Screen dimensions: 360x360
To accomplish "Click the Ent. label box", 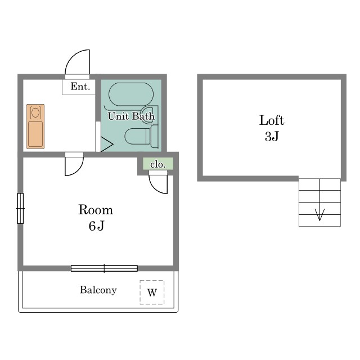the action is click(x=79, y=87).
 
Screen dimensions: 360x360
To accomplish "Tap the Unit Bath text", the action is click(x=131, y=116).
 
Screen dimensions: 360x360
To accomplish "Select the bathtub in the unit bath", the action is click(x=131, y=94).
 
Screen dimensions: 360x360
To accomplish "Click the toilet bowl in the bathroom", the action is click(x=137, y=136).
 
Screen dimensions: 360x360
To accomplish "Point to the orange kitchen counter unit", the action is click(x=35, y=127).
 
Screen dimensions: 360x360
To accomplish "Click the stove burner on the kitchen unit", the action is click(x=35, y=112).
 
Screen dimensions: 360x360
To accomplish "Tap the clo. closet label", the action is click(x=157, y=164).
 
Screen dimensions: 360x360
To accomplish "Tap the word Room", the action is click(x=96, y=210).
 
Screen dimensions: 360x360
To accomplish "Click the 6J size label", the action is click(x=96, y=226).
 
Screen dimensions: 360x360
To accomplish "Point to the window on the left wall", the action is click(x=20, y=209).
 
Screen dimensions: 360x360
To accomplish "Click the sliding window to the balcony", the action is click(x=104, y=268).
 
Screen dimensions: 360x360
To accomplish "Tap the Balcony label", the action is click(x=98, y=290).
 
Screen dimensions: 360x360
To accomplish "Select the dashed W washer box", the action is click(x=152, y=292).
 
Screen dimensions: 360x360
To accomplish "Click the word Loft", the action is click(x=272, y=120).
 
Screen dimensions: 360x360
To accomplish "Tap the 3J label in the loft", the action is click(x=272, y=136).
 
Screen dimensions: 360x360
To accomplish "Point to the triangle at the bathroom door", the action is click(x=106, y=145).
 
